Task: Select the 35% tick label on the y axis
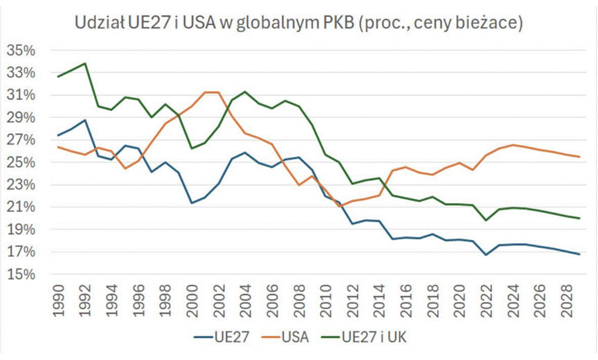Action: (x=22, y=50)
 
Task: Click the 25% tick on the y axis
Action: (x=22, y=162)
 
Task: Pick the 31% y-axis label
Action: (x=22, y=95)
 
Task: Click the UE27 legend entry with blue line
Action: (x=222, y=337)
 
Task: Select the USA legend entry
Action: (x=292, y=337)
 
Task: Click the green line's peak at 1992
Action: (x=85, y=64)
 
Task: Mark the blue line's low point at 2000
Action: (x=192, y=203)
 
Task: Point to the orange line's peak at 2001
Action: (x=205, y=92)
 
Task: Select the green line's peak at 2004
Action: (x=245, y=91)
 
